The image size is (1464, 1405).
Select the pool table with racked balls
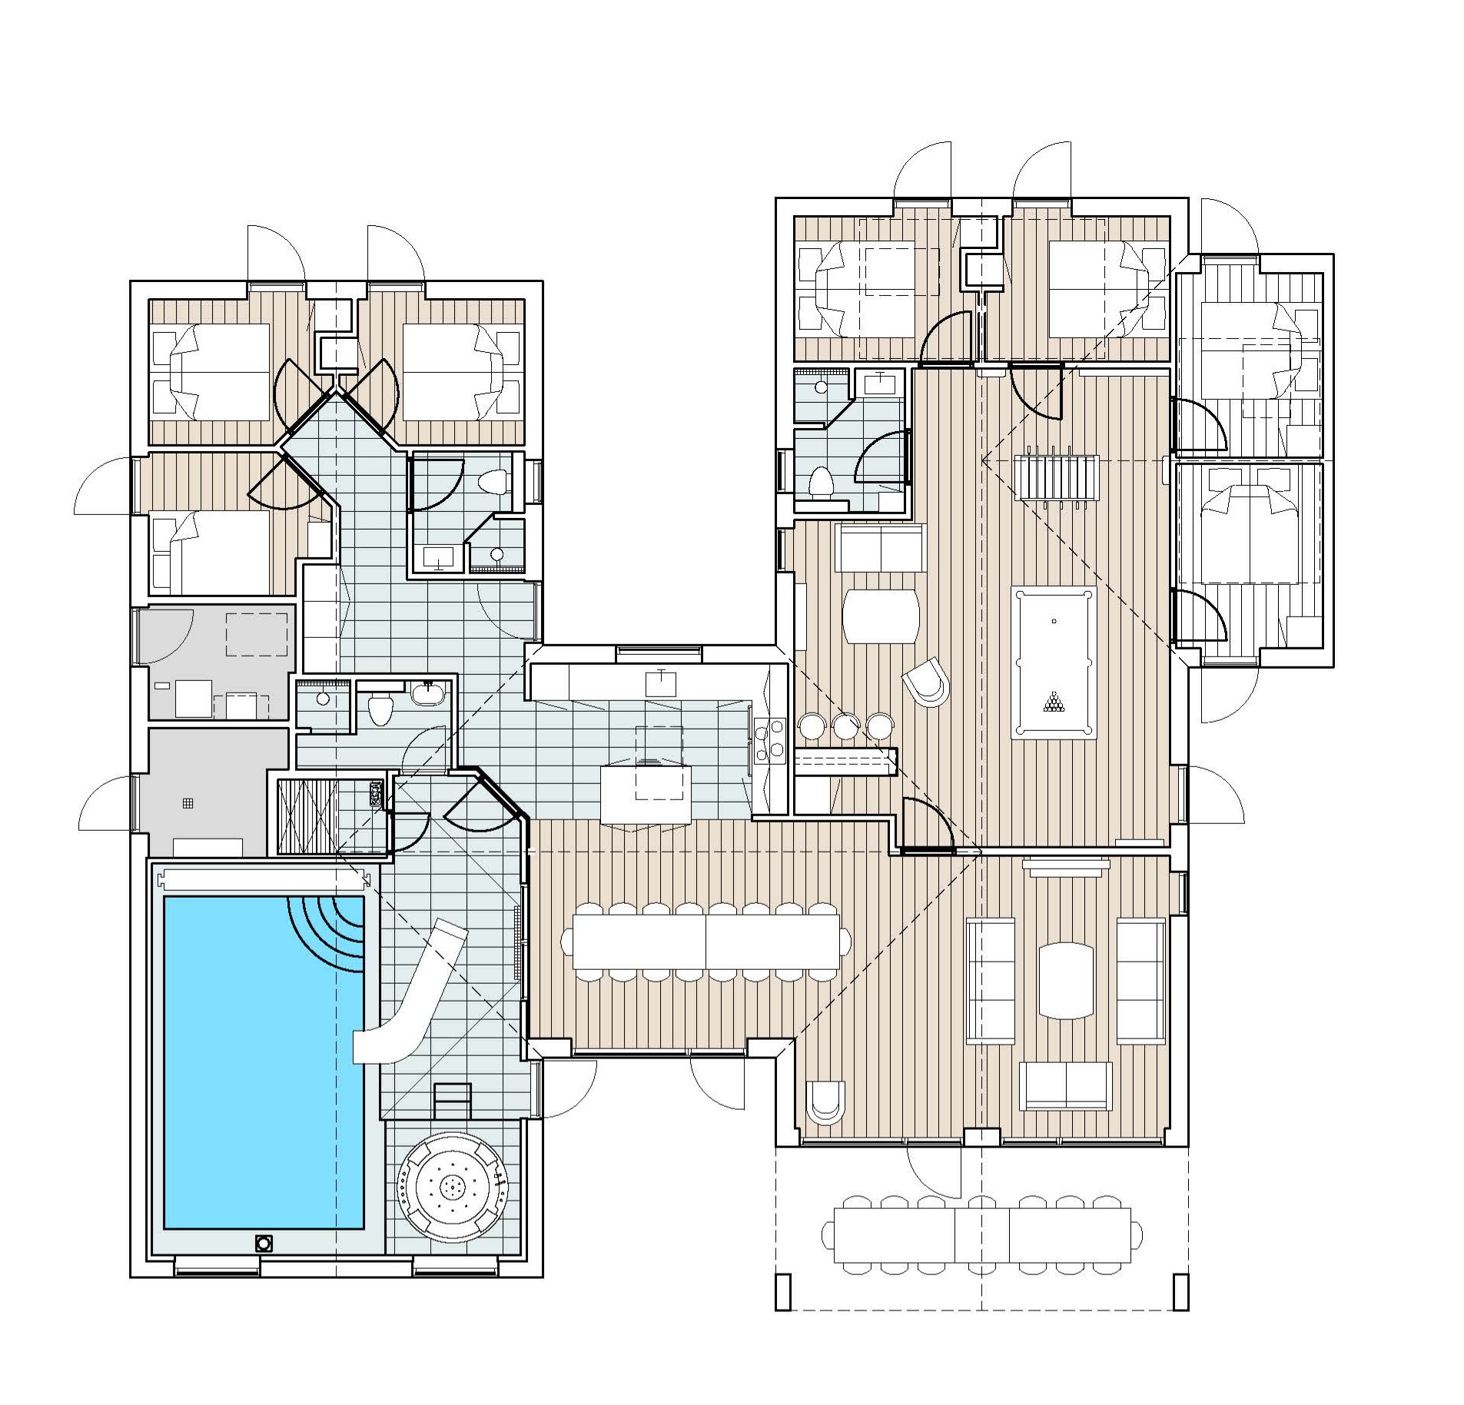click(1053, 662)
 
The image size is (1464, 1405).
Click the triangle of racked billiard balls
click(1053, 701)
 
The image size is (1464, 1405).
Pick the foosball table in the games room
click(1056, 477)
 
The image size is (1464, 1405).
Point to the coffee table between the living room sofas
click(1065, 980)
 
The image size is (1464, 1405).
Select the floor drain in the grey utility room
click(188, 804)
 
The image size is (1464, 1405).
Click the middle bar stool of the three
click(845, 724)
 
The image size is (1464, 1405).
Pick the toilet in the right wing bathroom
click(821, 481)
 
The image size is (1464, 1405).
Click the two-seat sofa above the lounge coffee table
click(879, 546)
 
